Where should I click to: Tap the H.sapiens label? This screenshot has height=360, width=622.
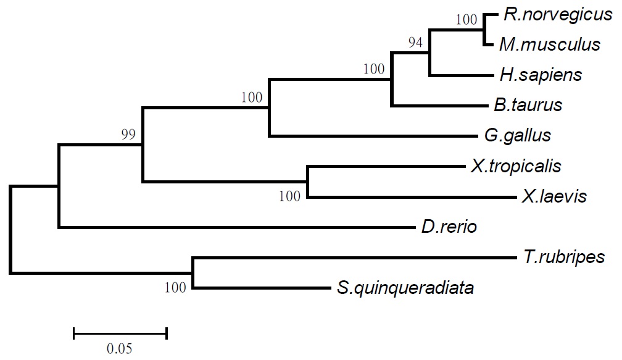coord(541,75)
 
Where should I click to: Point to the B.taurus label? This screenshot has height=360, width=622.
coord(528,105)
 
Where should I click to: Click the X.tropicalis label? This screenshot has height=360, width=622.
coord(515,165)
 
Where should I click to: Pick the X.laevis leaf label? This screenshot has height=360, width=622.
coord(554,197)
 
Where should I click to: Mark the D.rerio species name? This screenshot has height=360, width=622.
coord(449,227)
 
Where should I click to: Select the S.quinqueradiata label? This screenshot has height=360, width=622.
coord(405,288)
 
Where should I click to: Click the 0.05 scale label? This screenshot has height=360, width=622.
coord(119,348)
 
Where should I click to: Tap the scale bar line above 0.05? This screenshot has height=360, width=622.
coord(120,334)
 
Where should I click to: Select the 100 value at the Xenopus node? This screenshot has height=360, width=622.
coord(289,197)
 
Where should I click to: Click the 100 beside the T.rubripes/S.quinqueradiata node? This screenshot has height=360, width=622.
coord(176,287)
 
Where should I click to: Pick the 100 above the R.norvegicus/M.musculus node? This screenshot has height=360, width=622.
coord(467,20)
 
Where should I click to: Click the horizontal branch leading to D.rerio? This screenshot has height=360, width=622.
coord(234,228)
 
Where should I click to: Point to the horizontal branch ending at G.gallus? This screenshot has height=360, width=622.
coord(370,136)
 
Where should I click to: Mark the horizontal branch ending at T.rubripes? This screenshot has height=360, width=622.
coord(352,257)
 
